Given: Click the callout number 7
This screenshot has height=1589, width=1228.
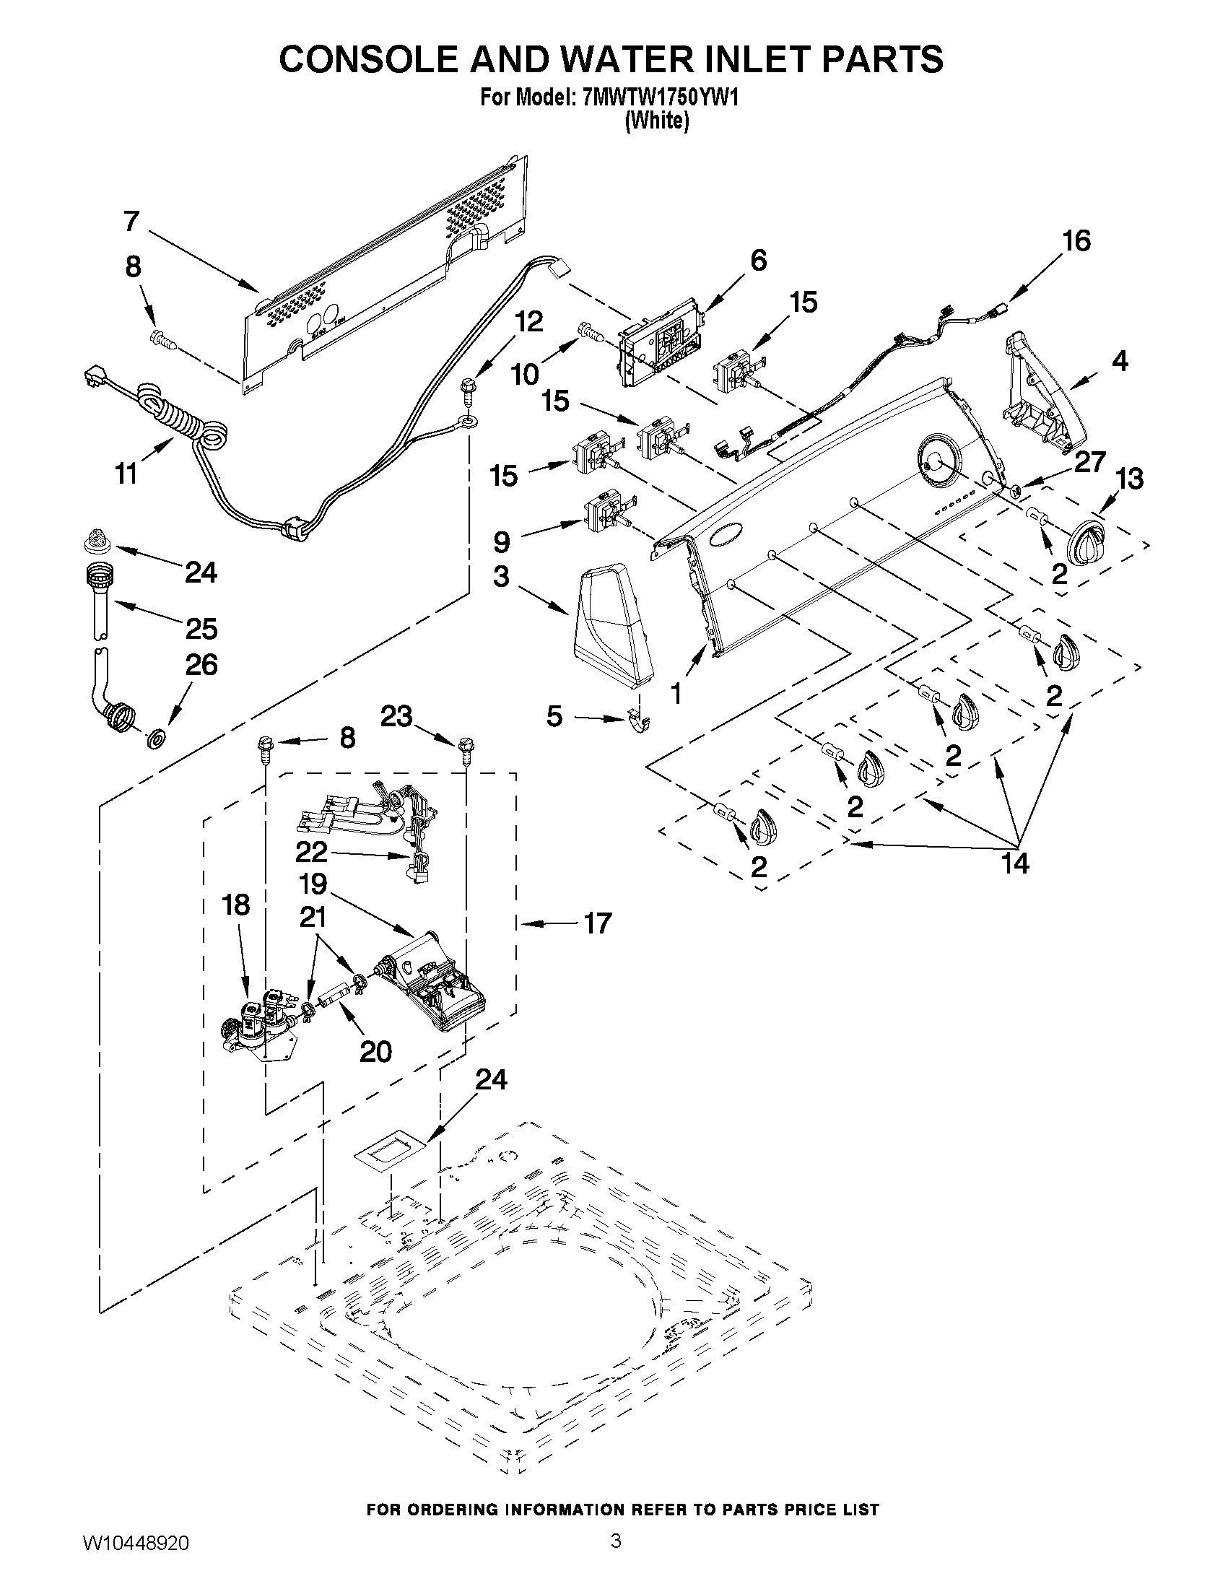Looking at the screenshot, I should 131,220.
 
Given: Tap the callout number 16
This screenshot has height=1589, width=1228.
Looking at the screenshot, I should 1076,241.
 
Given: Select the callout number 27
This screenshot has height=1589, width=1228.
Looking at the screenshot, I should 1089,462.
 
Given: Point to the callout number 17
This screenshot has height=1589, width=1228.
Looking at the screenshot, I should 597,923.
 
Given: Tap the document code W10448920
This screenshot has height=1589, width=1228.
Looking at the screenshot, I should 136,1559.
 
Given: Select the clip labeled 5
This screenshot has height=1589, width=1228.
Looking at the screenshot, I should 640,722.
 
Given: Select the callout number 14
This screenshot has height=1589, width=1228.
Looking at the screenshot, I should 1015,863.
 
